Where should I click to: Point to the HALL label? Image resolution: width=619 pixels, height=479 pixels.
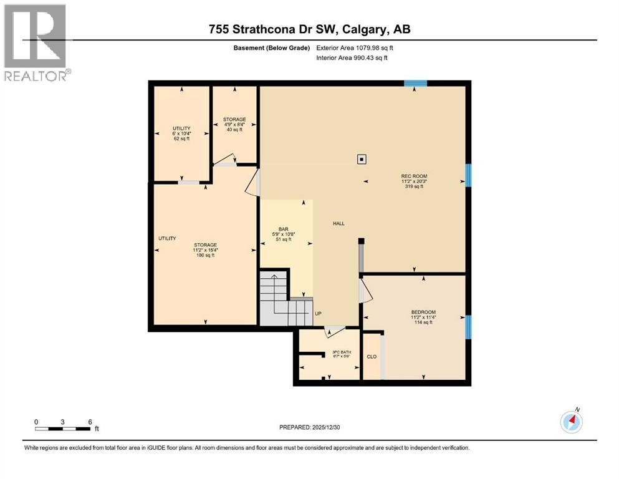point(338,223)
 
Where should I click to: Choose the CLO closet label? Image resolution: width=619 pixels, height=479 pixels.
point(371,357)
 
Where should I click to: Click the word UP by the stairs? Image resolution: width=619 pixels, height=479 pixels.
point(318,314)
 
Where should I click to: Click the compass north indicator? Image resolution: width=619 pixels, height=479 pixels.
point(572,422)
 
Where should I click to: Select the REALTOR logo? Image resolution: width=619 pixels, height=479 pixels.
point(35,42)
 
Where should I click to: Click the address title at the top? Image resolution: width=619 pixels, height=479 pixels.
point(309,29)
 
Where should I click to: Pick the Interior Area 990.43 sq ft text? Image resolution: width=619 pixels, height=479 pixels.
point(352,57)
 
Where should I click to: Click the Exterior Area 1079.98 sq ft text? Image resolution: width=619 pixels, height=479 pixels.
point(355,47)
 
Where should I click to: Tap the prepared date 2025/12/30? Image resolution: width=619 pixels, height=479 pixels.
point(310,427)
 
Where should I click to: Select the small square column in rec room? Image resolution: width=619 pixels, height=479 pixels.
point(362,158)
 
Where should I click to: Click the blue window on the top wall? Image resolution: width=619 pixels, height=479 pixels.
point(415,84)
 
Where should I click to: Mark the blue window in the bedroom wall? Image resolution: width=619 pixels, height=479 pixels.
point(468,326)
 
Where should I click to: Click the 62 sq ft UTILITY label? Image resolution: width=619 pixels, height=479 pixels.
point(181,133)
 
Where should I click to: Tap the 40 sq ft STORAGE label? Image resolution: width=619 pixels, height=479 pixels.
point(234,124)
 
